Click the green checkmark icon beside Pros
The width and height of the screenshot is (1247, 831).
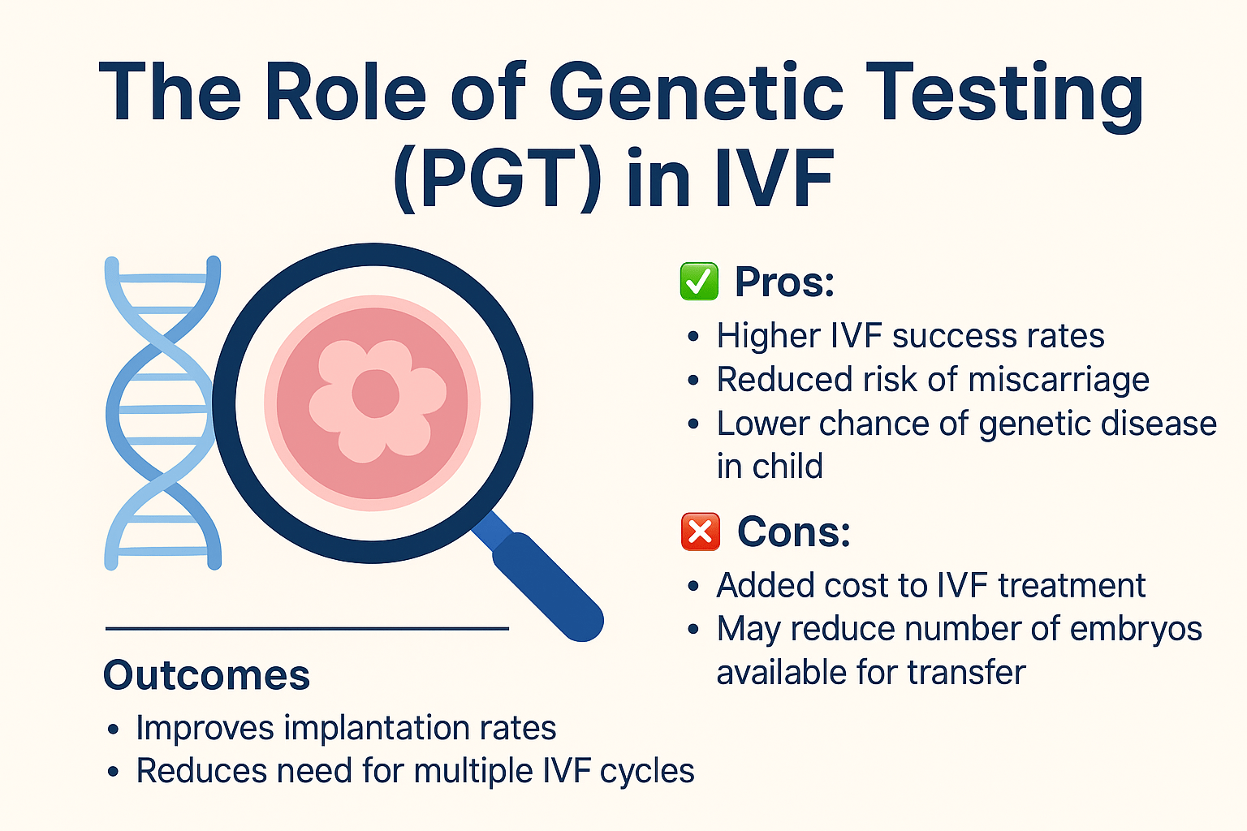[x=699, y=281]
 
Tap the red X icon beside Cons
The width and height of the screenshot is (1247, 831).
[x=701, y=532]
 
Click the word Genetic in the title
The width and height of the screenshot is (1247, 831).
[x=696, y=91]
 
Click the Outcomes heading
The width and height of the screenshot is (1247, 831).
[x=206, y=674]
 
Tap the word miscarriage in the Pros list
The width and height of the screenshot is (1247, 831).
[x=1059, y=380]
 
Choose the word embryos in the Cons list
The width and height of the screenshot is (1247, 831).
[x=1136, y=630]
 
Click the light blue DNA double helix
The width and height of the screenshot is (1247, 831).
[x=162, y=412]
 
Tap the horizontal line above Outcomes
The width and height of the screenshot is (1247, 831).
[x=308, y=628]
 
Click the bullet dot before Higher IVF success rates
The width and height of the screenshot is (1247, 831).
[x=693, y=336]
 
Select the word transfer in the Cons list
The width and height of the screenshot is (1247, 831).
[x=966, y=672]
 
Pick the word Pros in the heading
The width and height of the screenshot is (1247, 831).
[x=784, y=282]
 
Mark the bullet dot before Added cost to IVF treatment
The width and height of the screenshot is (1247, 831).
[x=693, y=586]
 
